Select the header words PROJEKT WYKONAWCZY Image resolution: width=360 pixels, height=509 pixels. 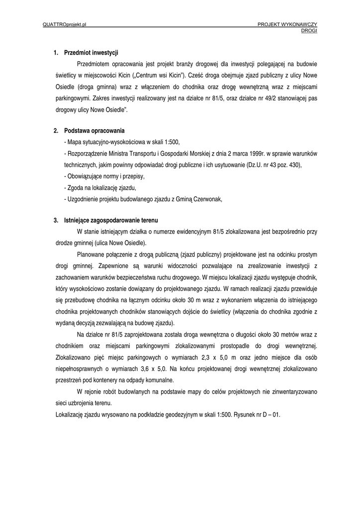coord(287,24)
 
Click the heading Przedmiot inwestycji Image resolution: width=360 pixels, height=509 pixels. coord(91,53)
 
